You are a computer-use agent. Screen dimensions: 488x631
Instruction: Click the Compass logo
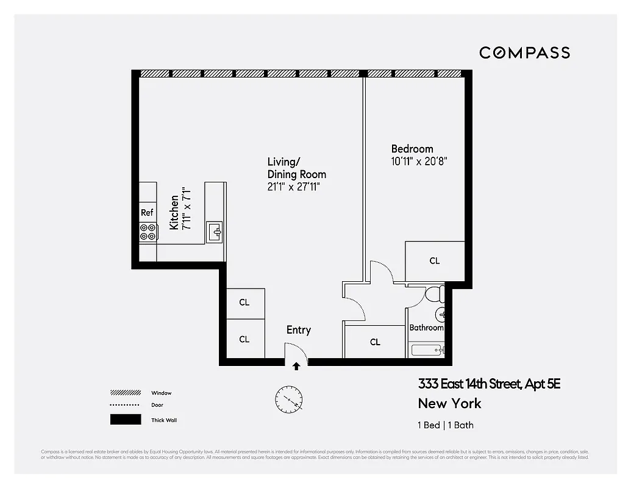pyautogui.click(x=524, y=52)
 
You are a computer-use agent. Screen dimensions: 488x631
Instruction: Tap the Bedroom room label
pyautogui.click(x=412, y=149)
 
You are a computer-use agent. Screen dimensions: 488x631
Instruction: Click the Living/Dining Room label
pyautogui.click(x=296, y=168)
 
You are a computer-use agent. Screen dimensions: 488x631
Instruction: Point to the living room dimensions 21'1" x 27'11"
pyautogui.click(x=293, y=187)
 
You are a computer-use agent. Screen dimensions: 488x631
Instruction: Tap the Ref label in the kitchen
pyautogui.click(x=147, y=213)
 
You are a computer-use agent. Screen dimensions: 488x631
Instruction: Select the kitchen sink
pyautogui.click(x=215, y=232)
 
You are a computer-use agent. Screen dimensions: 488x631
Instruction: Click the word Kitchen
pyautogui.click(x=174, y=212)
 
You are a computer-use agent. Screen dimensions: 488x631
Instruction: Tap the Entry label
pyautogui.click(x=299, y=330)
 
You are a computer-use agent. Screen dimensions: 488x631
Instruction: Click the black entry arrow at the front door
pyautogui.click(x=296, y=366)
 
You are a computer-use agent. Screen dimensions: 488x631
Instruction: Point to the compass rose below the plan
pyautogui.click(x=288, y=400)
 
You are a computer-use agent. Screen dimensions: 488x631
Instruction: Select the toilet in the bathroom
pyautogui.click(x=433, y=295)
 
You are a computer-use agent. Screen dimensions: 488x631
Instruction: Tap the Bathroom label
pyautogui.click(x=426, y=328)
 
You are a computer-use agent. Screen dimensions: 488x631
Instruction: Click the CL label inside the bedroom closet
pyautogui.click(x=434, y=261)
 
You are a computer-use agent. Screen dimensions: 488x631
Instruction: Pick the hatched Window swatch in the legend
pyautogui.click(x=125, y=393)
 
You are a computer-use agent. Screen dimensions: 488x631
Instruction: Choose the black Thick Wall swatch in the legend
pyautogui.click(x=125, y=420)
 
